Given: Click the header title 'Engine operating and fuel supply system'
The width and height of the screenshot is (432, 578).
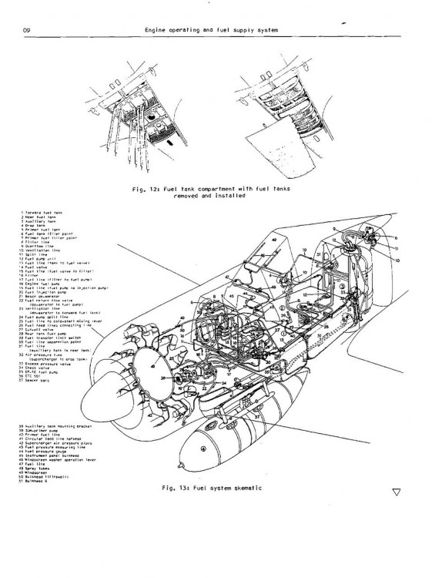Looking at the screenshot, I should click(211, 30).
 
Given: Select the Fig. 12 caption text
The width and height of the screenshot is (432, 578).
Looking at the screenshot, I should click(219, 191).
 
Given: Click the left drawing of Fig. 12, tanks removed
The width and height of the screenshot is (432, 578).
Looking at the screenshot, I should click(142, 119).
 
